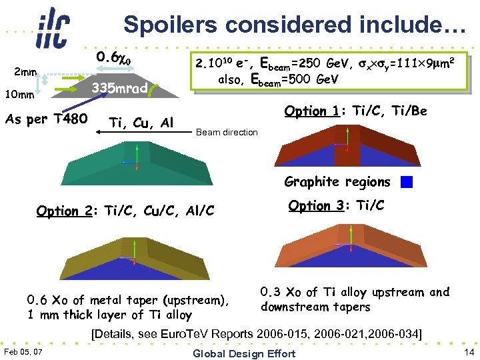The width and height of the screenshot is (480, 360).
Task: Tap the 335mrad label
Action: click(x=119, y=87)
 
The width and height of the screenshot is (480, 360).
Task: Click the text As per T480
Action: click(x=46, y=119)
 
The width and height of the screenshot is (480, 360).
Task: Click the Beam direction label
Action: click(x=227, y=132)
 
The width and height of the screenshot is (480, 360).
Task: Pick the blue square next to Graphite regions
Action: click(x=407, y=182)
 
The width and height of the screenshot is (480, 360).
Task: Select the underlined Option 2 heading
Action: click(x=64, y=211)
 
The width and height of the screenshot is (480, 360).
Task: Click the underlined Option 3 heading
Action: click(x=315, y=206)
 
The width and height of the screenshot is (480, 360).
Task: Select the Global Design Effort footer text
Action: click(x=243, y=352)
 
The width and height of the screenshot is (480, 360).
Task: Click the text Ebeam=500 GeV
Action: click(x=294, y=79)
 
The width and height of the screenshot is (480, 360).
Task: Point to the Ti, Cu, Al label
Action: click(x=141, y=123)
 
